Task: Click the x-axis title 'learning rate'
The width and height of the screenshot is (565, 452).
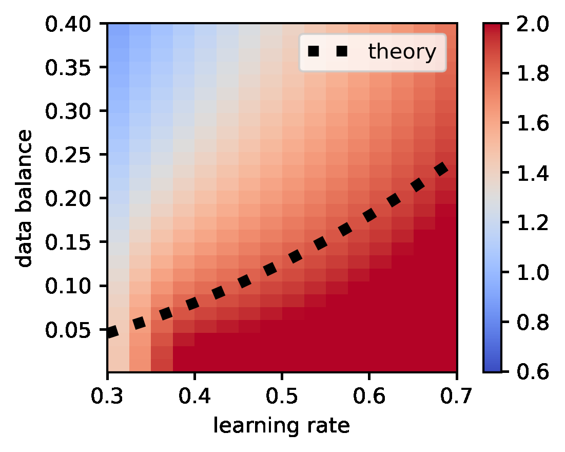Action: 282,426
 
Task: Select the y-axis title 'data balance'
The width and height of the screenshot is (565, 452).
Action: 24,198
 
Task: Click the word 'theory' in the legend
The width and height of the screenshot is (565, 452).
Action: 402,52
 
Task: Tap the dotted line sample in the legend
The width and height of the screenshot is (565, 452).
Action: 327,51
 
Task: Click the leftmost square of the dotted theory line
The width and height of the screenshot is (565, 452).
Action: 112,332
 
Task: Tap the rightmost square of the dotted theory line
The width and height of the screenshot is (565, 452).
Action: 441,169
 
